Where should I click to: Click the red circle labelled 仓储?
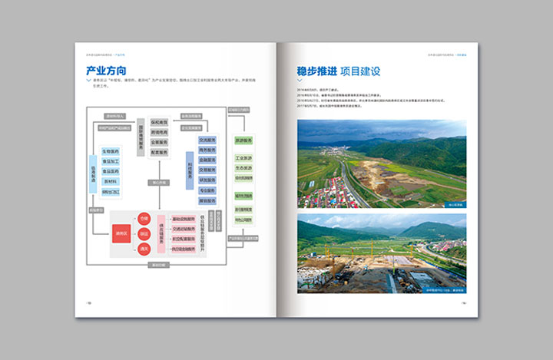(x=144, y=219)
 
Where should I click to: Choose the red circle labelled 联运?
(x=144, y=234)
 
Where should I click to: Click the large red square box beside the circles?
(x=121, y=234)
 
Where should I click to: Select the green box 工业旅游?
(x=243, y=158)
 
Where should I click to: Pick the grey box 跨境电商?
(x=159, y=132)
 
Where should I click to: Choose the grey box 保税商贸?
(x=159, y=122)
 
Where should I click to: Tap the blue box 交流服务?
(x=207, y=140)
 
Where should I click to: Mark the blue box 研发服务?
(x=207, y=179)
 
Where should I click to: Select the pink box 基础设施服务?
(x=183, y=219)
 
